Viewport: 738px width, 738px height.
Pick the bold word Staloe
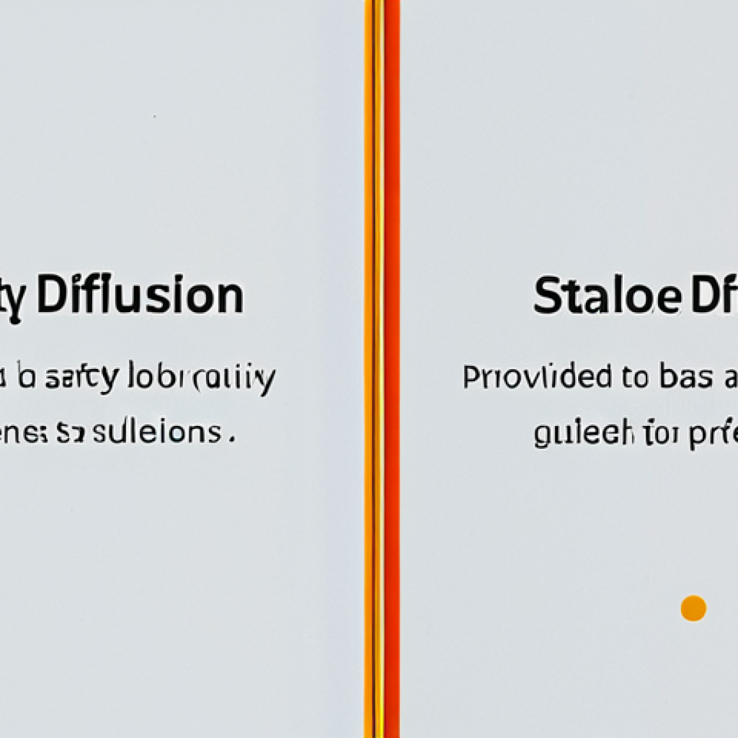click(x=605, y=295)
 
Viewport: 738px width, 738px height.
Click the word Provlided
click(x=533, y=378)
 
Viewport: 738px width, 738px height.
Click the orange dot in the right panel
click(x=693, y=608)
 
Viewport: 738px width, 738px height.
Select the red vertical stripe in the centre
click(x=391, y=369)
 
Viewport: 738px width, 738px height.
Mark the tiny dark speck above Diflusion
click(x=155, y=115)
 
